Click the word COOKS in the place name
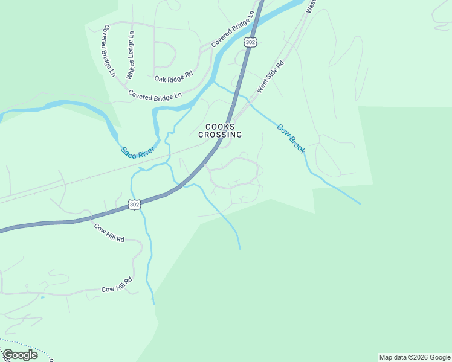point(220,127)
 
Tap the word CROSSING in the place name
point(220,135)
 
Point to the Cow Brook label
point(291,139)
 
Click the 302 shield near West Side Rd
point(251,42)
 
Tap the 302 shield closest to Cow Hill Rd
point(135,205)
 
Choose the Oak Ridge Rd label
point(173,78)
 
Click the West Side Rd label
point(270,76)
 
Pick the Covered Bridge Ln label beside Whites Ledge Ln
point(109,51)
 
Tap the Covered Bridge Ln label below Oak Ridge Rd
point(155,95)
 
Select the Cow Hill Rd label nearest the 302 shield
point(109,232)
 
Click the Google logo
point(20,355)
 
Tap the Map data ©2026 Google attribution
point(414,357)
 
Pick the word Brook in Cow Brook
point(298,145)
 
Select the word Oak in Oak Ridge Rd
point(160,78)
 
